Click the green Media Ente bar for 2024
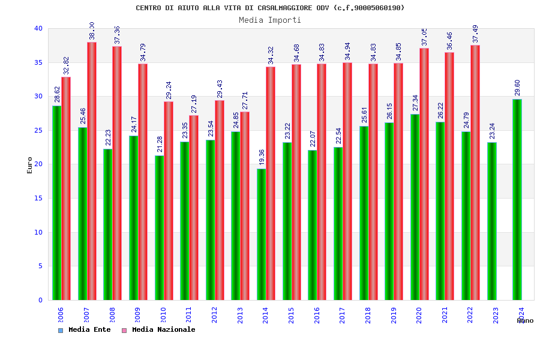click(x=517, y=199)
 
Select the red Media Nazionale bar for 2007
click(x=92, y=171)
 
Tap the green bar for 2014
click(x=261, y=234)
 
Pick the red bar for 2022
click(x=475, y=172)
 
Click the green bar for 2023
click(x=491, y=221)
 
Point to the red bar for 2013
click(x=245, y=206)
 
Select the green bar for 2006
click(x=56, y=203)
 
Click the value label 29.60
click(x=517, y=88)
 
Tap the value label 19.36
click(x=262, y=157)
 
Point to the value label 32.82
click(x=66, y=65)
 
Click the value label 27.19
click(x=194, y=104)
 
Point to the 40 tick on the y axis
click(x=38, y=28)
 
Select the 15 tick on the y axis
click(x=38, y=198)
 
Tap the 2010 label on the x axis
click(x=163, y=316)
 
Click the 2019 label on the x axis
click(x=394, y=316)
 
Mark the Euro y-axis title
click(x=30, y=165)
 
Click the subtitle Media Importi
click(x=270, y=20)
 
